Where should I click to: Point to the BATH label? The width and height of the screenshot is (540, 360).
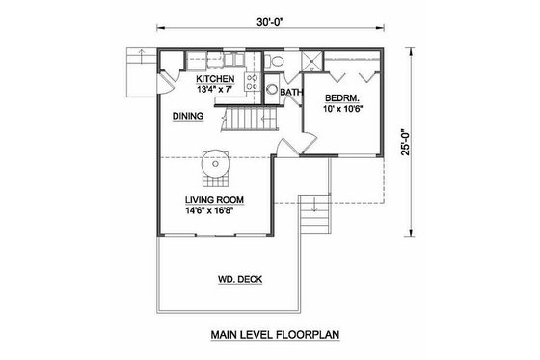tap(291, 94)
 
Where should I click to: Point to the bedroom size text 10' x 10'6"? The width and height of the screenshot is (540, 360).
tap(344, 109)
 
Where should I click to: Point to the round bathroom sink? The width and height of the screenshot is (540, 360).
tap(273, 93)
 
